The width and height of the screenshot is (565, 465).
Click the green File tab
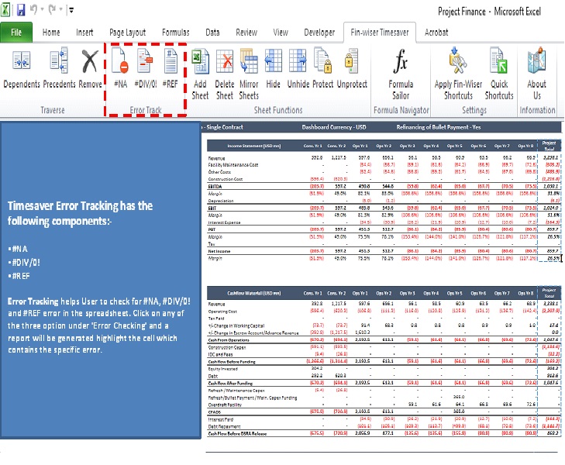(x=16, y=33)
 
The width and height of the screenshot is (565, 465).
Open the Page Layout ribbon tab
(x=127, y=33)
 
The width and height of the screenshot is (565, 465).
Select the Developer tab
(x=319, y=33)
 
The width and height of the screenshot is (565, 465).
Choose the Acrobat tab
(x=436, y=33)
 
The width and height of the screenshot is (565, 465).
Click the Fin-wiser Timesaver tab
(x=380, y=33)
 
